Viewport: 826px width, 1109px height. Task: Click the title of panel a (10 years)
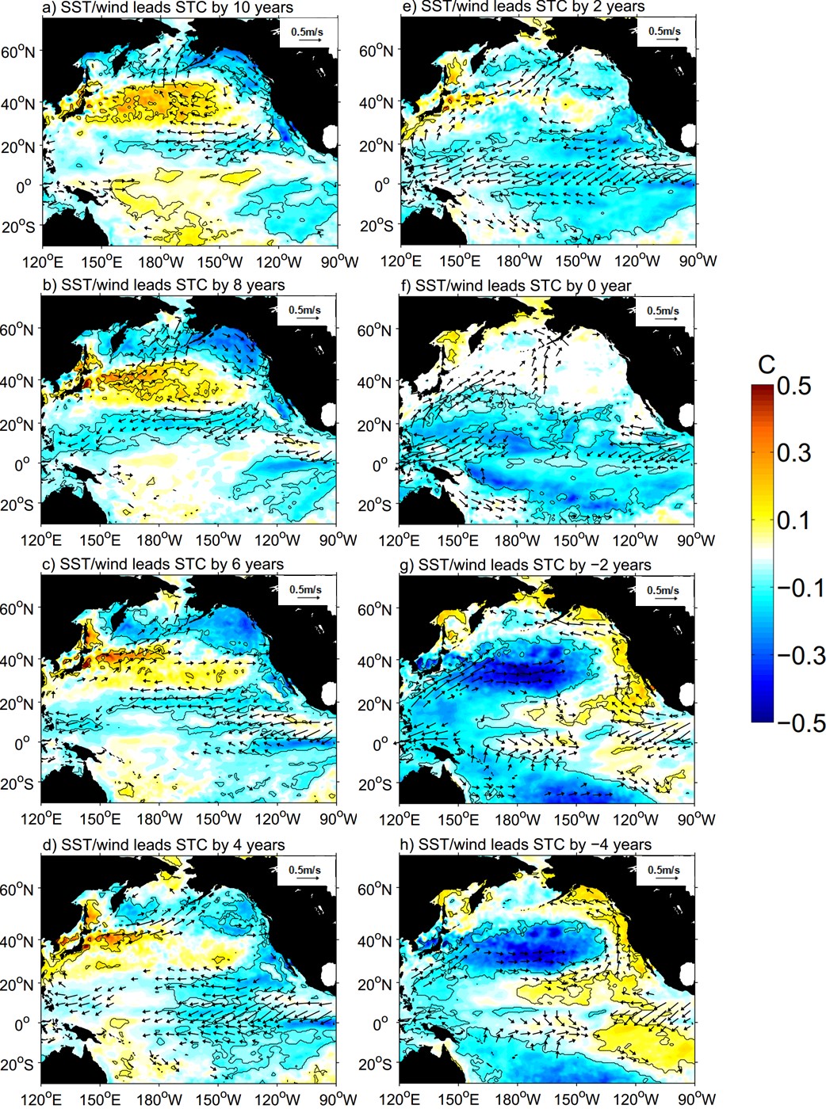click(x=169, y=7)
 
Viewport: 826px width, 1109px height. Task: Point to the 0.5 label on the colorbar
click(x=793, y=386)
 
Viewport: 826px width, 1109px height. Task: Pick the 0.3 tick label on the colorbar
click(x=793, y=453)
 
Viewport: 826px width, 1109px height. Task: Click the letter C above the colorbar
click(x=767, y=364)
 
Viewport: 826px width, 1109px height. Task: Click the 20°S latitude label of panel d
click(x=17, y=1064)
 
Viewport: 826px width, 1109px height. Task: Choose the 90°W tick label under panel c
click(x=338, y=818)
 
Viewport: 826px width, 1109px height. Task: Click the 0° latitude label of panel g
click(x=380, y=744)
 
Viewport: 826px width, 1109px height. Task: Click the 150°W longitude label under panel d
click(x=220, y=1099)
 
